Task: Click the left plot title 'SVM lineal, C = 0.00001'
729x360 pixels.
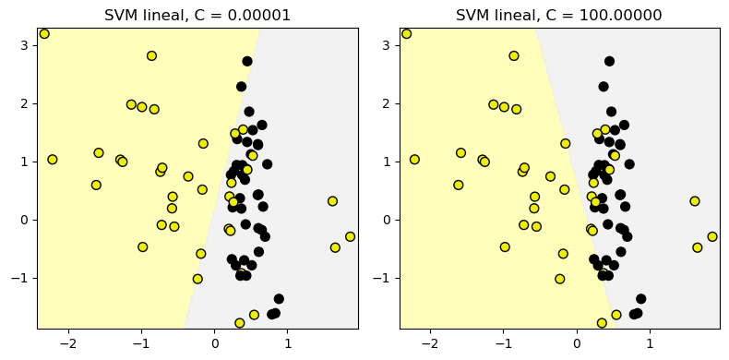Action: tap(197, 16)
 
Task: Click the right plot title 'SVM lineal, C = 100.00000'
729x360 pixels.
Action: tap(559, 16)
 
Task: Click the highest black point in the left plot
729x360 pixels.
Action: tap(247, 62)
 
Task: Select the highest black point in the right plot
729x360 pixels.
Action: tap(609, 62)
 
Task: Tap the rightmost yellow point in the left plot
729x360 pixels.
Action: tap(350, 237)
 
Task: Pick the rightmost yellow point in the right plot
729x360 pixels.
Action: tap(712, 237)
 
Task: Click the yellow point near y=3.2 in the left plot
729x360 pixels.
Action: tap(44, 34)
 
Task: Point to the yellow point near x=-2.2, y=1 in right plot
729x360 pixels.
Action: tap(414, 160)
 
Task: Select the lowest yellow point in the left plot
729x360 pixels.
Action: tap(240, 323)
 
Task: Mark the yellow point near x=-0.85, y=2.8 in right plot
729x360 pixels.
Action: tap(514, 56)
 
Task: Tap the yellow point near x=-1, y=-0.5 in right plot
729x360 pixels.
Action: tap(505, 247)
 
